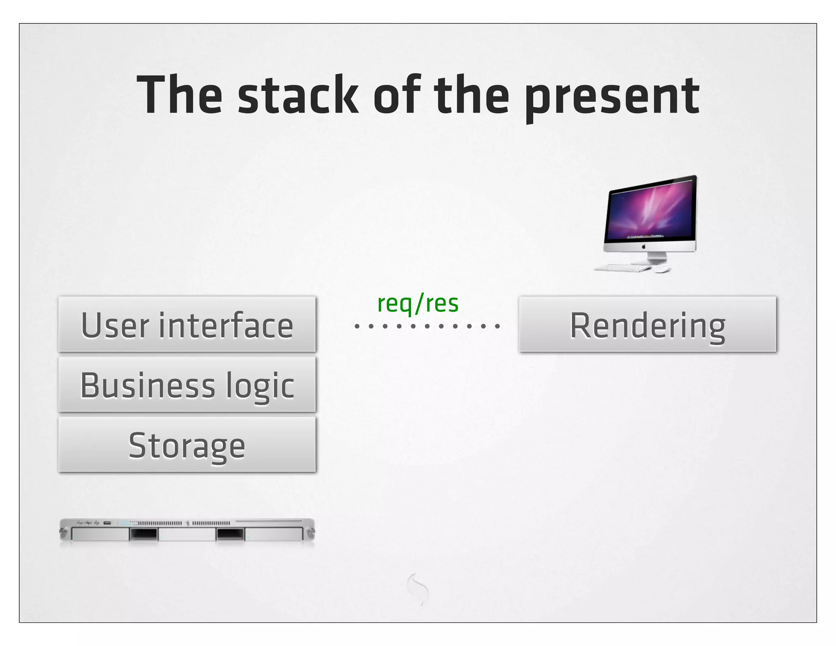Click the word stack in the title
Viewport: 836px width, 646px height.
pos(298,95)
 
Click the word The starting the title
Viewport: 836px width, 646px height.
pos(180,95)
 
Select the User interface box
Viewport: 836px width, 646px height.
pos(187,324)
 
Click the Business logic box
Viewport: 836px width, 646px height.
pos(187,384)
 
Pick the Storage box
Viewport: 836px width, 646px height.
pos(187,445)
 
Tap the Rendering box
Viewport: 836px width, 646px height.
pos(647,324)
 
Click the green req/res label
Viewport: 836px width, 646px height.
pos(418,303)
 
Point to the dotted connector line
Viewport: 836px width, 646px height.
pos(427,326)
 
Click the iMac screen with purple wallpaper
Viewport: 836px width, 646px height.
pos(651,212)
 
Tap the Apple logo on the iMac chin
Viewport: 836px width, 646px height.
pos(644,246)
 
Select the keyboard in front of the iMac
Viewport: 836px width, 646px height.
pos(623,268)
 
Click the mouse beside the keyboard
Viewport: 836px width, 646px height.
pos(662,270)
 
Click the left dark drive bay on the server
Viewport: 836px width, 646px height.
pos(143,534)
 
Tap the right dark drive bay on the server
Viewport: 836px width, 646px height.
pos(230,534)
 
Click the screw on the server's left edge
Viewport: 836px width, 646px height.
pos(63,532)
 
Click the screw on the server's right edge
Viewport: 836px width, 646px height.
pos(311,532)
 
